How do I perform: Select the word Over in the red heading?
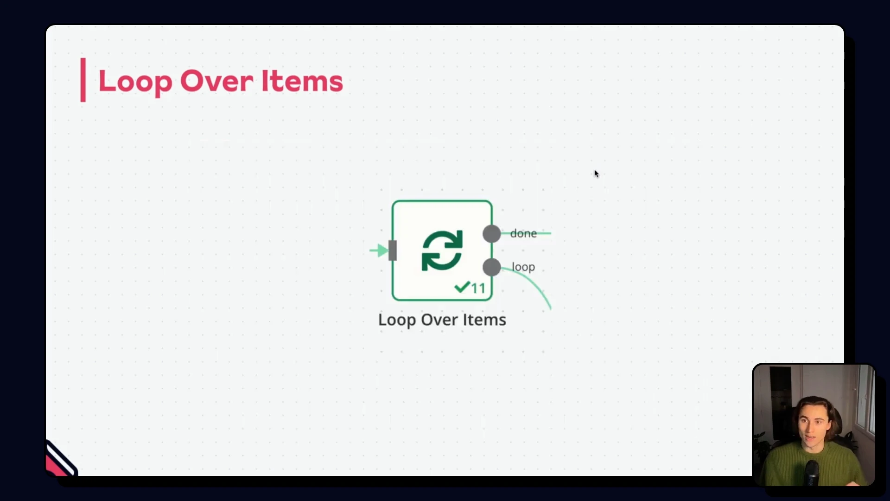coord(216,81)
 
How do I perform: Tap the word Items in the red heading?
coord(302,81)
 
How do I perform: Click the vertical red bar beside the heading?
coord(83,79)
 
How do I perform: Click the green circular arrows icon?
coord(442,250)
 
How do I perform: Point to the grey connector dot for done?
coord(491,233)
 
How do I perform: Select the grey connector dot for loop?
coord(491,267)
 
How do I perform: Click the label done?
coord(523,233)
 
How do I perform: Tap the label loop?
coord(523,267)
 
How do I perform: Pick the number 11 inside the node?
coord(478,288)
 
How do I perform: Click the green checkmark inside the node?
coord(462,288)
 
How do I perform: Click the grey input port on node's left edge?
coord(393,250)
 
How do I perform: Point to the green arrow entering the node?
coord(379,250)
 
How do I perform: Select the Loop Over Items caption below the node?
coord(442,320)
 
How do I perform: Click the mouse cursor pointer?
coord(596,174)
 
